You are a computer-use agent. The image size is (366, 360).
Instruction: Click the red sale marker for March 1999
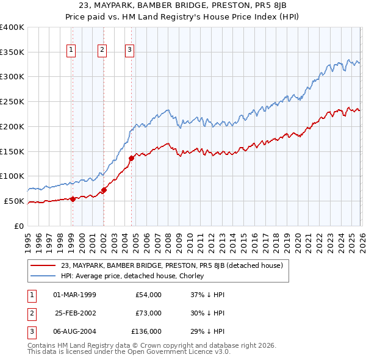[73, 198]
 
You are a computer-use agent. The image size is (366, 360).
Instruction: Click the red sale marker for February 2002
[104, 190]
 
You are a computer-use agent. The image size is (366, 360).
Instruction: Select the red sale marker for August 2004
[131, 158]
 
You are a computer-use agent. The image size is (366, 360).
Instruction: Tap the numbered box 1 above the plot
[72, 50]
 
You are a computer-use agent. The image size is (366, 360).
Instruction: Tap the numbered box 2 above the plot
[102, 50]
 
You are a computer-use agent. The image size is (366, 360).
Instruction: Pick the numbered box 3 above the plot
[130, 50]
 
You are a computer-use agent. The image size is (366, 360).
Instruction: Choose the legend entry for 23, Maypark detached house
[171, 265]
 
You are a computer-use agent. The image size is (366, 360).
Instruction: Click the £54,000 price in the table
[148, 294]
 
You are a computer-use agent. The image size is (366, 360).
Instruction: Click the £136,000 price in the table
[146, 331]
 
